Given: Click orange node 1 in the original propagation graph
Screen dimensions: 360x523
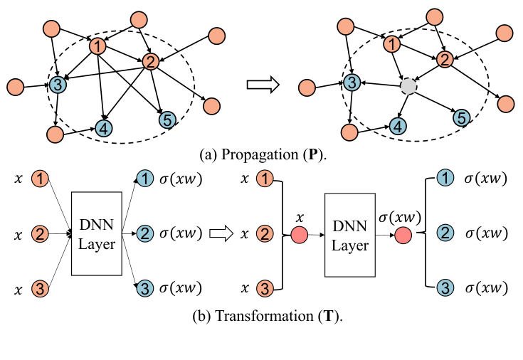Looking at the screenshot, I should tap(97, 47).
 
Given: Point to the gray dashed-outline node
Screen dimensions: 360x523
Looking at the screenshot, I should tap(407, 86).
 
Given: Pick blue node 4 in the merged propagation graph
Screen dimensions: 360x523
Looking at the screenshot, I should tap(398, 126).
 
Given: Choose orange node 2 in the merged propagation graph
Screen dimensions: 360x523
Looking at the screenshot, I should tap(443, 60).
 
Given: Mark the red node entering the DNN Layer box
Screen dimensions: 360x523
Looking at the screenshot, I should tap(300, 236).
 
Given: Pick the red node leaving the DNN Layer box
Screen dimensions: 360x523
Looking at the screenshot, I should tap(403, 236).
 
